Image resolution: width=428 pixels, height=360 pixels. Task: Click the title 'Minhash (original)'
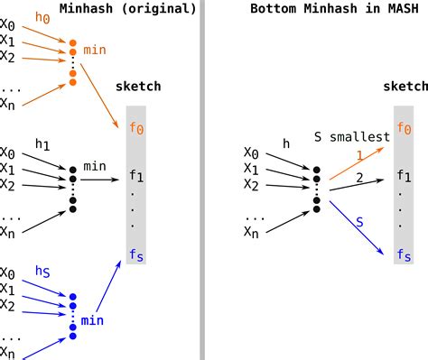(127, 9)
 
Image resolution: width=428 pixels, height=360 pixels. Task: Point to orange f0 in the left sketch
(136, 129)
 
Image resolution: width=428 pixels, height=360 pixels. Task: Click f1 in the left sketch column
(136, 176)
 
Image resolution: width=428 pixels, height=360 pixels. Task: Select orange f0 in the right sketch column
(403, 129)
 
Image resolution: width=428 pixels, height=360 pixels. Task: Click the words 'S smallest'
(351, 137)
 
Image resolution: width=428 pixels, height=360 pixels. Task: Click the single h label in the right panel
(285, 142)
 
